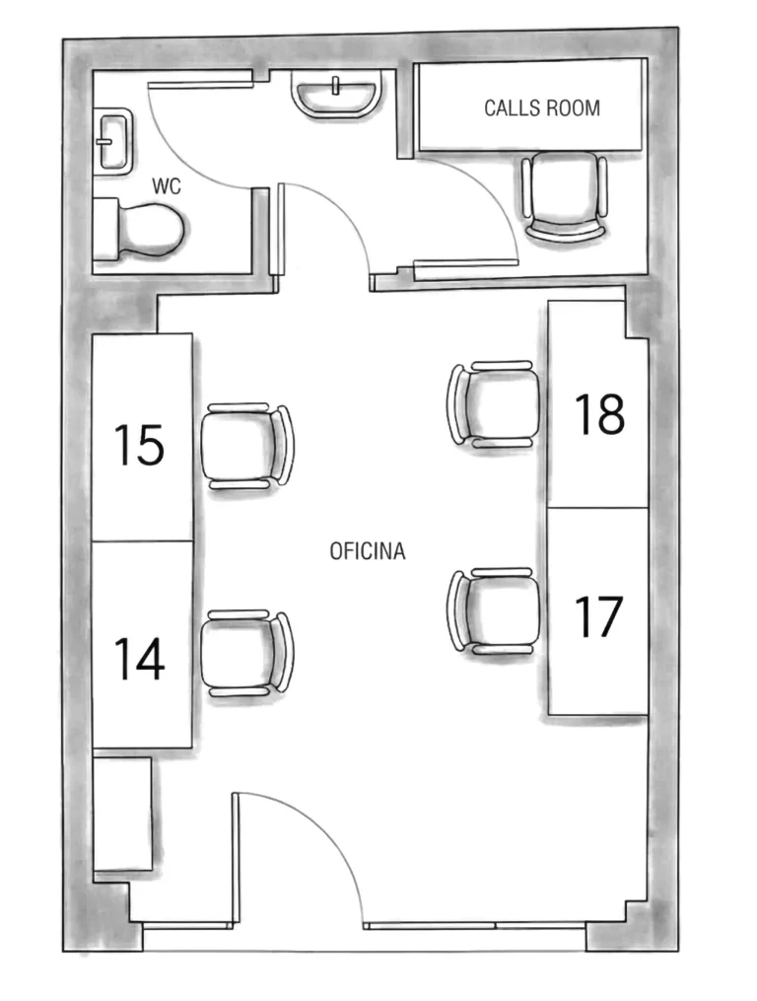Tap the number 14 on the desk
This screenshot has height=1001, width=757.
139,659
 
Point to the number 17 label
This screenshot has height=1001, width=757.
598,616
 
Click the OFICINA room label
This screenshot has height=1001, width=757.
368,551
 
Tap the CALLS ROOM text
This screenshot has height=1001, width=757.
542,107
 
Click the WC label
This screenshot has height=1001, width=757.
166,185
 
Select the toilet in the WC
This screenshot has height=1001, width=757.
139,229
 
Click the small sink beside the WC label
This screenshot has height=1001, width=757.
113,140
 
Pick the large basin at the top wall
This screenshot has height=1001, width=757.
336,94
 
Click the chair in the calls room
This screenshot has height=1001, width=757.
564,196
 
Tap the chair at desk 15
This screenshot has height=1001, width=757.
247,446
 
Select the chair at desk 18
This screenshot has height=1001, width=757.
494,403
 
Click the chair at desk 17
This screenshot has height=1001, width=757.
494,610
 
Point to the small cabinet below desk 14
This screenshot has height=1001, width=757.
122,814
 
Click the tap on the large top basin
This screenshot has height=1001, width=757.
336,85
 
